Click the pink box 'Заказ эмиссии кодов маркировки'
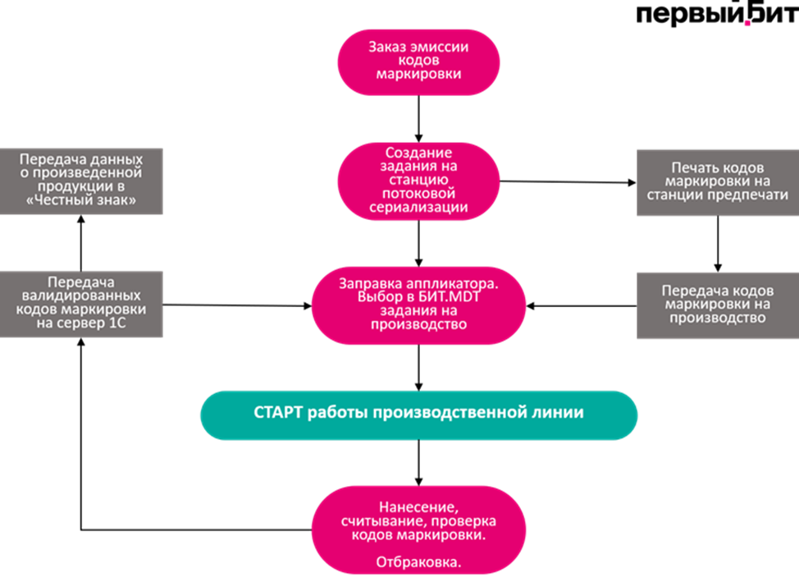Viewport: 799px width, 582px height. [x=418, y=62]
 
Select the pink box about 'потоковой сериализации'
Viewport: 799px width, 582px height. [x=418, y=181]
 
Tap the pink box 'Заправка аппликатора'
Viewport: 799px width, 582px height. [x=418, y=305]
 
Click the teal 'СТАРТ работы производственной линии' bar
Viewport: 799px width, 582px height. [x=418, y=414]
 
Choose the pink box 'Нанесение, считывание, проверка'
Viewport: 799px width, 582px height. [x=418, y=529]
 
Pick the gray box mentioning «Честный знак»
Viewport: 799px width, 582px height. [x=81, y=181]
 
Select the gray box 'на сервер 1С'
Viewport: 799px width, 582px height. [x=81, y=304]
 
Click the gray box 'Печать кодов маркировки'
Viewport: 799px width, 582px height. [x=717, y=181]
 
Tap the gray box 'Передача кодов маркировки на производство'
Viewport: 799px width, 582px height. [x=717, y=305]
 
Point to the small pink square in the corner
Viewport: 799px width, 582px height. [x=747, y=24]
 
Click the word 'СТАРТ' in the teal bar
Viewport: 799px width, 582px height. [x=278, y=413]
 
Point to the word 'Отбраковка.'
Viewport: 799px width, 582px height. [x=418, y=562]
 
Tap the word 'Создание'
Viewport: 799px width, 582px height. [x=418, y=153]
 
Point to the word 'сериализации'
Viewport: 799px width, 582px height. [x=418, y=208]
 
